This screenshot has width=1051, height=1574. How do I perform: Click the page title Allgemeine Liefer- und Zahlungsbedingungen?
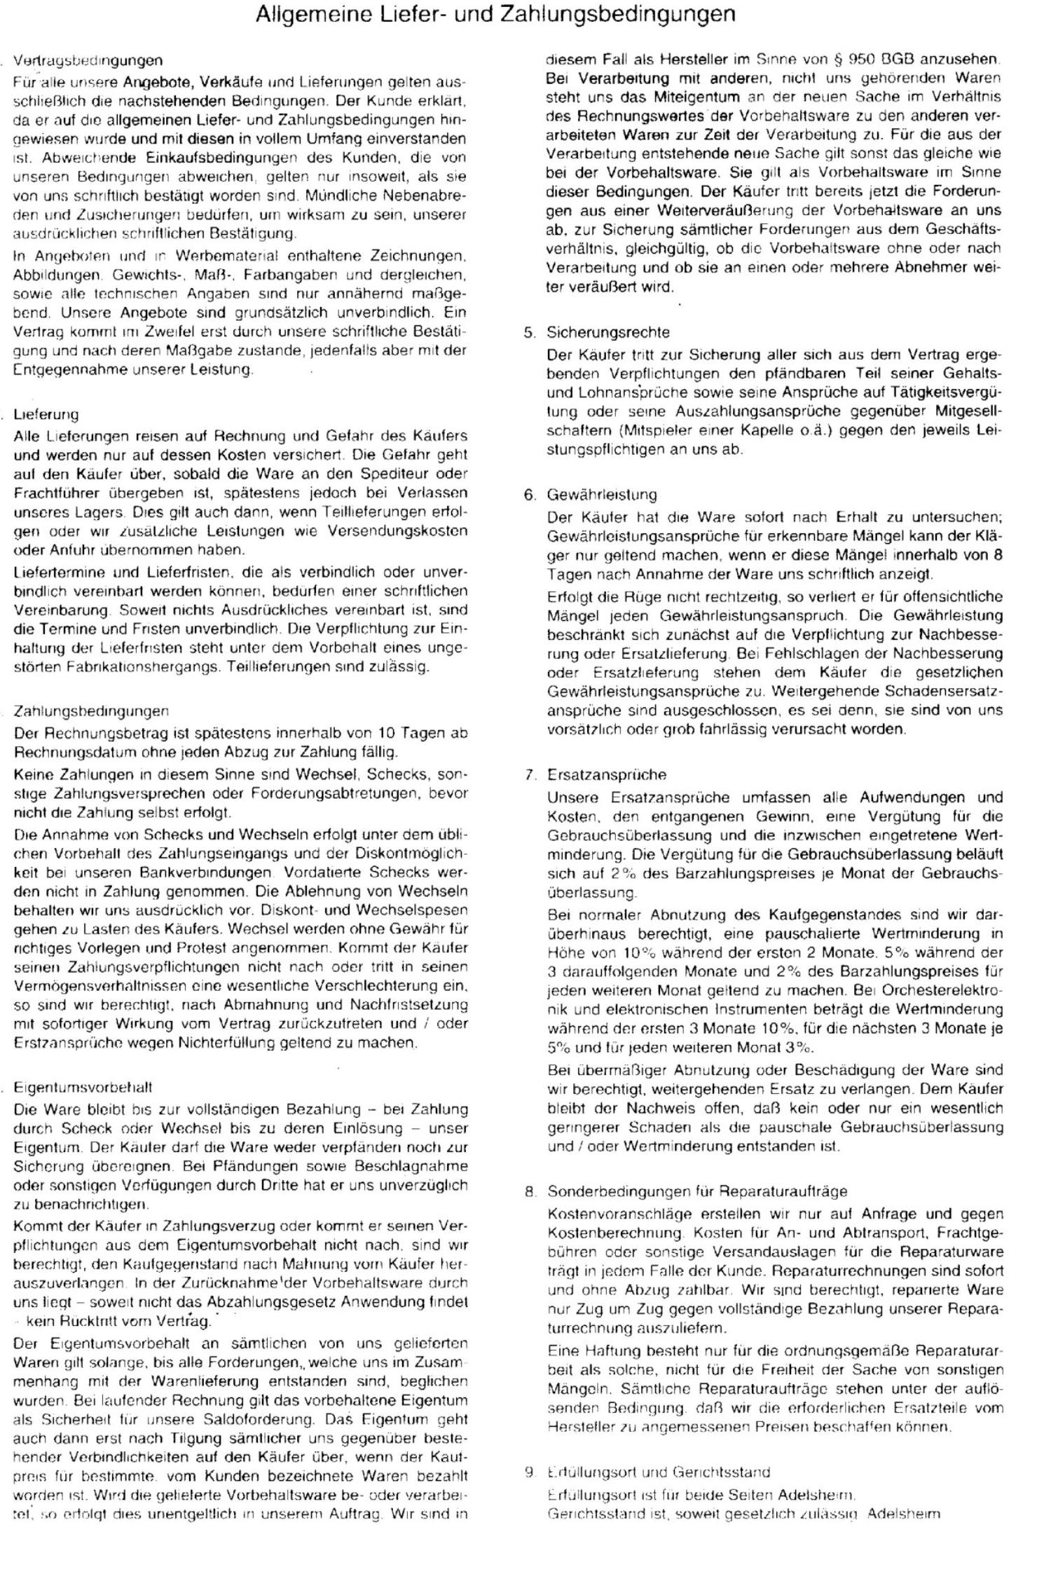(x=495, y=15)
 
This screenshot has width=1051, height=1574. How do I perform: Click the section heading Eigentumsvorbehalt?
(x=83, y=1087)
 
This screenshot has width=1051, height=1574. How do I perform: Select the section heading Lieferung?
(x=46, y=414)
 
